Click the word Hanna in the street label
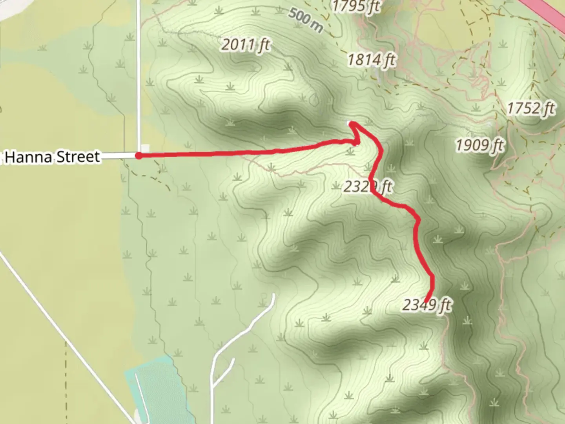(28, 157)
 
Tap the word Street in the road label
(78, 157)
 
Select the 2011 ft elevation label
(245, 45)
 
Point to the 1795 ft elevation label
(356, 6)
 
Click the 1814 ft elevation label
(371, 60)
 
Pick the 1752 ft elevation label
(530, 108)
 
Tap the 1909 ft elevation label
(479, 145)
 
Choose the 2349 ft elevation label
(426, 305)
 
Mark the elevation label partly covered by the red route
(367, 186)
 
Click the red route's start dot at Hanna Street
(139, 156)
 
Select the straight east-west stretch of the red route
(235, 152)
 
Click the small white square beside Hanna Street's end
(145, 148)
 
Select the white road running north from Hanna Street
(138, 79)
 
